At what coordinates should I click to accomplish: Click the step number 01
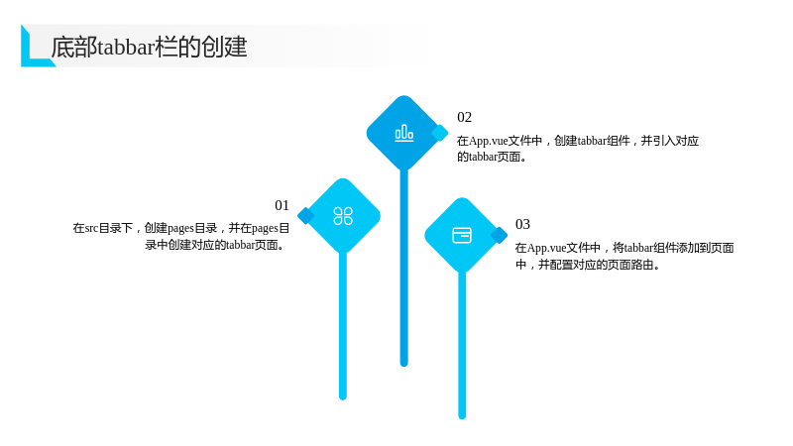282,205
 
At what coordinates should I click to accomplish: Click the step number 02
464,117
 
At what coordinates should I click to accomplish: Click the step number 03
522,224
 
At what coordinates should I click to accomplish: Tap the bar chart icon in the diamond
404,133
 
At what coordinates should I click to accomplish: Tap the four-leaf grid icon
343,216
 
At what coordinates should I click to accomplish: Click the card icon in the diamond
462,235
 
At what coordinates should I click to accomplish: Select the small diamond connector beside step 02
439,133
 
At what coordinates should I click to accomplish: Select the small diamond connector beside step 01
305,215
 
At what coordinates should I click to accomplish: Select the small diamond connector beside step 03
500,235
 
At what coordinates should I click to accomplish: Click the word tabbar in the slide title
126,47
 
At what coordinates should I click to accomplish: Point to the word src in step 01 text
91,228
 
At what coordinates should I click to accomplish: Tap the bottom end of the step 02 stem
404,364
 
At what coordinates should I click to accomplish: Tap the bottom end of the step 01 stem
343,397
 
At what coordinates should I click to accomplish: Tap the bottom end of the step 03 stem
462,416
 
